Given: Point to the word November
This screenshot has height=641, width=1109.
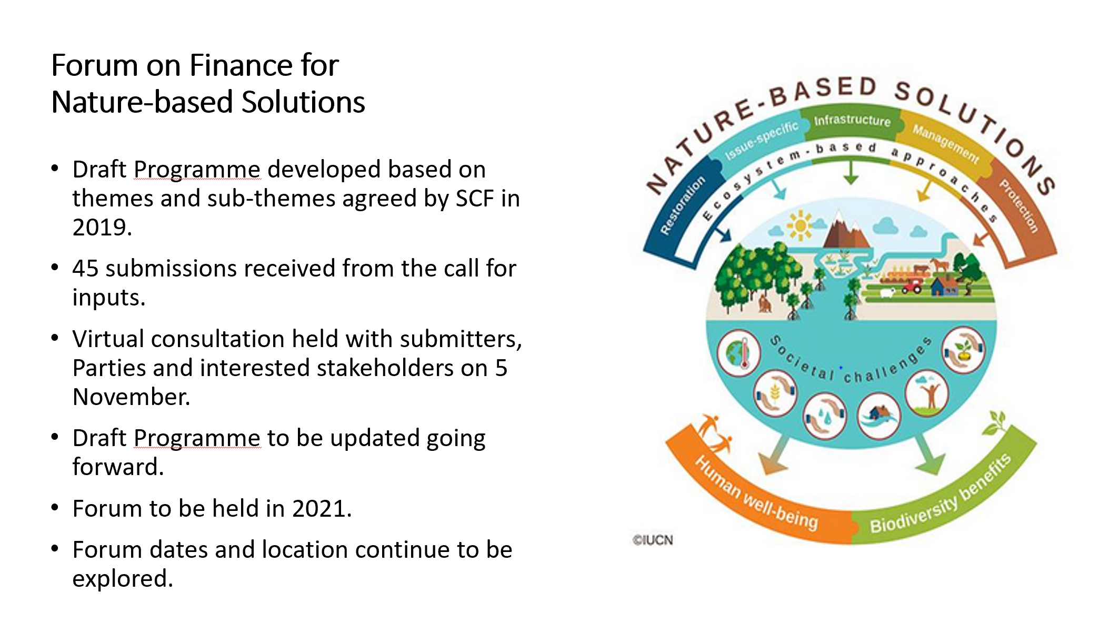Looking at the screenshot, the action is tap(131, 397).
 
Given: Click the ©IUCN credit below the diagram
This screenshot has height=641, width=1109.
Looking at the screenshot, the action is tap(653, 540).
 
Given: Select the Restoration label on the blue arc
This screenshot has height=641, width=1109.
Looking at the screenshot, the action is tap(682, 205).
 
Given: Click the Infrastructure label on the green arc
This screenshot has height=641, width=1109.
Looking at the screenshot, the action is tap(852, 121).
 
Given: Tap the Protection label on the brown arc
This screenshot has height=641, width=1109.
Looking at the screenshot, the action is tap(1019, 206).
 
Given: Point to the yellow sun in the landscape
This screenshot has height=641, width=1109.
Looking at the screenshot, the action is tap(800, 226).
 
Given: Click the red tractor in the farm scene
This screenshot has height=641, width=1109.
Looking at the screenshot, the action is tap(912, 285).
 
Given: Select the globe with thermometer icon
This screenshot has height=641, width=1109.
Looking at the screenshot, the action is tap(738, 353).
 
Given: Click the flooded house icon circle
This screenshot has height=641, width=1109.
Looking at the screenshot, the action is tap(878, 416).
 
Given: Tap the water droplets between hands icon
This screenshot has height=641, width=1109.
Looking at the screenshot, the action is tap(825, 416).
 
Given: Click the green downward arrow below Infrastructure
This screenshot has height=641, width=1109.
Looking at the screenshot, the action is tap(851, 171).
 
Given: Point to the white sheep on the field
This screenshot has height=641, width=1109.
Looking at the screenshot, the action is tap(887, 293).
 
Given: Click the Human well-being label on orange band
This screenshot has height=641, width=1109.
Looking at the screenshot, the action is tap(756, 493).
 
